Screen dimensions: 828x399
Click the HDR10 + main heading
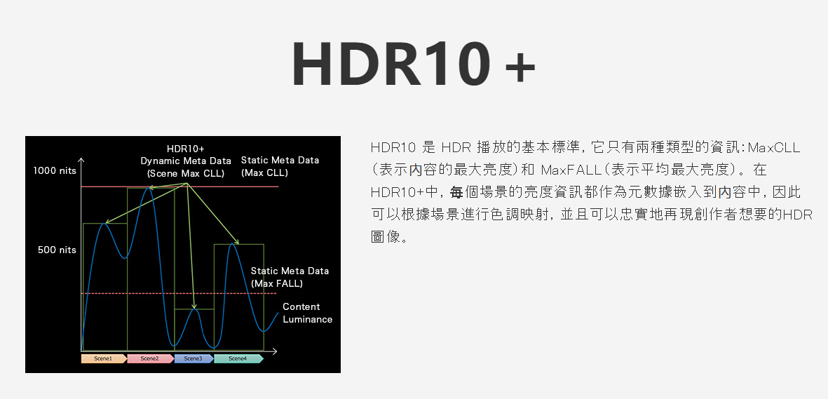[x=414, y=63]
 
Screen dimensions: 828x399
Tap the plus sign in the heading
[x=520, y=68]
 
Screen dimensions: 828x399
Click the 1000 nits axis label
[x=55, y=170]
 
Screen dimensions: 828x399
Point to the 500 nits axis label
[x=57, y=250]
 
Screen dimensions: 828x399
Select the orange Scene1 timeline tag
[x=104, y=358]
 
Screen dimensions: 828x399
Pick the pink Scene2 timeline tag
[x=151, y=358]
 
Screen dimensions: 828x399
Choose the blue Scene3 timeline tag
[x=194, y=358]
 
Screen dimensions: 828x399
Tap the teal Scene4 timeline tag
[x=238, y=358]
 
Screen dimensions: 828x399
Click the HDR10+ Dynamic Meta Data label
[x=186, y=161]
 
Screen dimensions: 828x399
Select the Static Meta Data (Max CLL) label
[x=280, y=166]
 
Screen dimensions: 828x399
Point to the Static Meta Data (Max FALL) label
[x=290, y=278]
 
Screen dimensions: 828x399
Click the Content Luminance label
[x=307, y=313]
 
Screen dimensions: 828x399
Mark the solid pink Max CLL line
[x=179, y=187]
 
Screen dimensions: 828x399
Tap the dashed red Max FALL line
[x=179, y=293]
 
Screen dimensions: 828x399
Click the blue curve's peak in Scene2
[x=149, y=188]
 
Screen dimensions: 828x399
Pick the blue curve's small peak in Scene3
[x=195, y=309]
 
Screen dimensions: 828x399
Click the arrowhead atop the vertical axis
[x=81, y=160]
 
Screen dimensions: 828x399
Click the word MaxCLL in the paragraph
[x=774, y=147]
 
